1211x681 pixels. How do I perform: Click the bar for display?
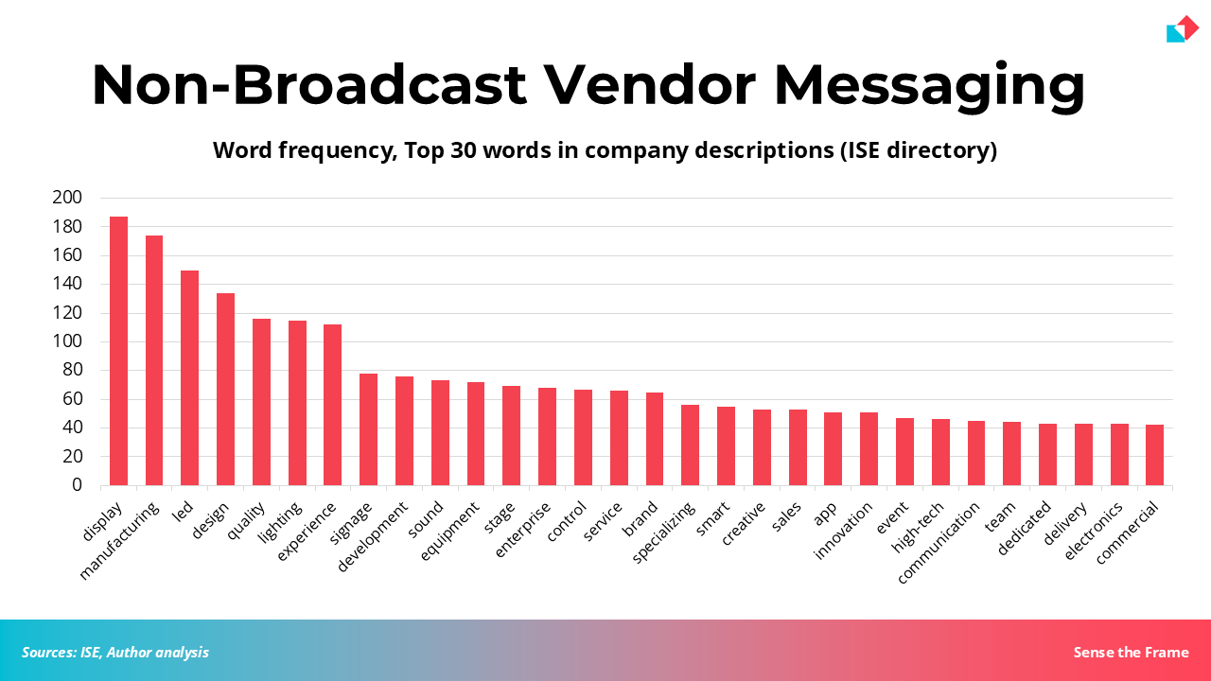[118, 351]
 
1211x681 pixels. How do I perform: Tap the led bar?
[190, 378]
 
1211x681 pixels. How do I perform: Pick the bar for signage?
[368, 429]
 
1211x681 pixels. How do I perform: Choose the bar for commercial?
[1154, 455]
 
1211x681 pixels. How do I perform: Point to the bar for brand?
[655, 439]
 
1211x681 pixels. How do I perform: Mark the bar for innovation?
[869, 449]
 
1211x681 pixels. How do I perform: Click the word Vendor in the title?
[649, 85]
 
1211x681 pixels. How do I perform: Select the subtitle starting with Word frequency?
[605, 150]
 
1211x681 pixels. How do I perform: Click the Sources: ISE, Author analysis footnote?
[115, 652]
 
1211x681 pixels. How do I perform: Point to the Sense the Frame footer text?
[1131, 652]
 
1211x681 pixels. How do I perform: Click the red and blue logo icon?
[1182, 29]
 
